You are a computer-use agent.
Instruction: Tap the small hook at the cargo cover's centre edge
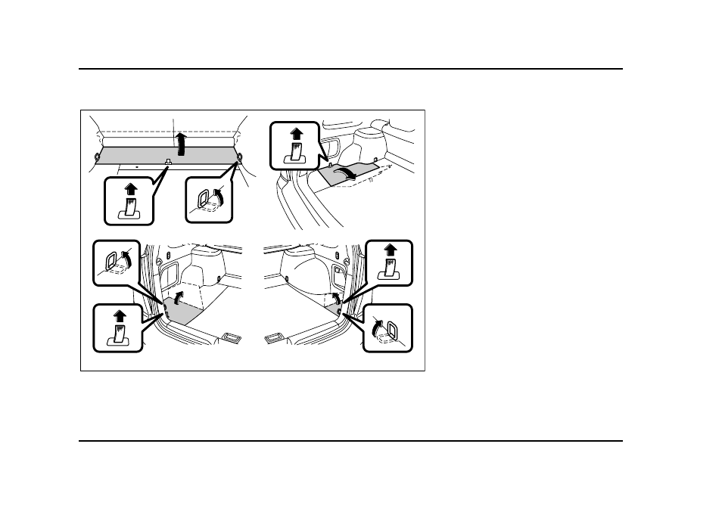pyautogui.click(x=169, y=162)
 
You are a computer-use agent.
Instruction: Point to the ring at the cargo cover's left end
pyautogui.click(x=97, y=157)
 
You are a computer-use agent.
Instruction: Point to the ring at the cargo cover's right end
pyautogui.click(x=239, y=157)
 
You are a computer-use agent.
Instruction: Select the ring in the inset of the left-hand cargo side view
pyautogui.click(x=113, y=263)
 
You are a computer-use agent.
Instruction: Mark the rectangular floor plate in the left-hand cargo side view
pyautogui.click(x=232, y=336)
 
